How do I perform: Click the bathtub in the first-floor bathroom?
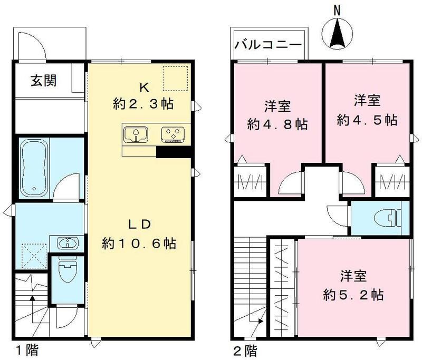point(35,168)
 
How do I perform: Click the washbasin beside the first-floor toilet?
point(66,244)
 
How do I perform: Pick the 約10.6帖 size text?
point(139,244)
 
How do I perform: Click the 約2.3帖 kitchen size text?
point(143,104)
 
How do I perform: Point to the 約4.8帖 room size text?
point(278,125)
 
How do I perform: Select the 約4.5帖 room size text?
point(367,120)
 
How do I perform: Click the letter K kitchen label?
point(142,85)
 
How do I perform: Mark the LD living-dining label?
point(139,223)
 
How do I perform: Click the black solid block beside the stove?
point(173,152)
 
